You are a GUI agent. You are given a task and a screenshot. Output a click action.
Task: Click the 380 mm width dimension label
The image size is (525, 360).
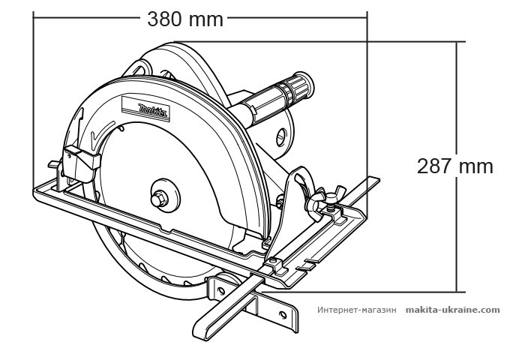(185, 19)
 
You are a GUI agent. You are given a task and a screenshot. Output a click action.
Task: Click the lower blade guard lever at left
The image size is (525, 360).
(81, 158)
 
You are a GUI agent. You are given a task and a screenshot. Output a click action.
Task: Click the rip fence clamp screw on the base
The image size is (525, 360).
(277, 263)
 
